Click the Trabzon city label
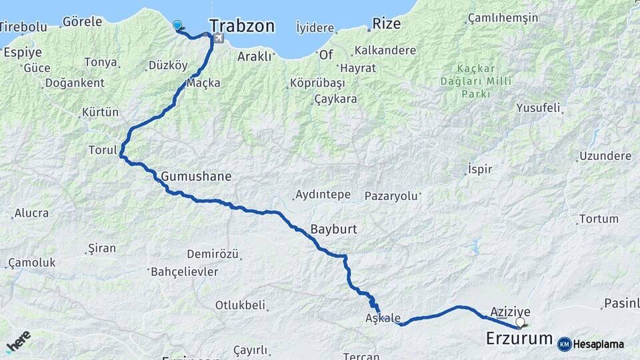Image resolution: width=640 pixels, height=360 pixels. point(242,26)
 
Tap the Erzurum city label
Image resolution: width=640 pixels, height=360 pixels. point(519,338)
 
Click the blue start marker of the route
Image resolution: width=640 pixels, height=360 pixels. point(177,25)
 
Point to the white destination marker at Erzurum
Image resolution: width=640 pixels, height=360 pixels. point(520,323)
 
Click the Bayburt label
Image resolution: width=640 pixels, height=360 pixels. point(334,229)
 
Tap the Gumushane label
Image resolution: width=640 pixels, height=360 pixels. point(196,177)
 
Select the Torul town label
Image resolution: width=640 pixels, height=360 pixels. point(103,150)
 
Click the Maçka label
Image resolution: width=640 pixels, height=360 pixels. point(203,83)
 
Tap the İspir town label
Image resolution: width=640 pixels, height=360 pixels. point(480,169)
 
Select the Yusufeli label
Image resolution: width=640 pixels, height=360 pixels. point(539,107)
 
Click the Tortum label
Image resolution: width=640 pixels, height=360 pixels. point(599,219)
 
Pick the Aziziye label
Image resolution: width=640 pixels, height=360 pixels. point(510,311)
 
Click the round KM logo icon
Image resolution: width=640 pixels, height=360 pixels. point(564,344)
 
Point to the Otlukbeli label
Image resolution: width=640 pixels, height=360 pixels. point(240,305)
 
